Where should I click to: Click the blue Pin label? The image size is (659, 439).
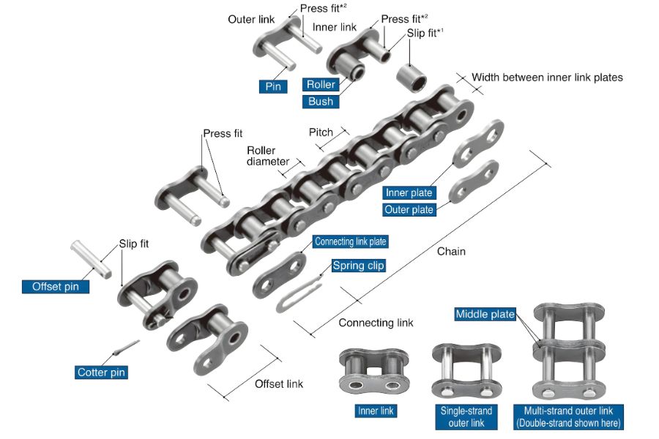[x=273, y=86]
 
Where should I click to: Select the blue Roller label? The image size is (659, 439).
[x=321, y=84]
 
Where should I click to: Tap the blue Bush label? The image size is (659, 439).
[x=321, y=102]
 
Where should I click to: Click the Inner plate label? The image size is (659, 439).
[x=409, y=193]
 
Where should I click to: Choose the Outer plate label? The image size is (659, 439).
[x=409, y=210]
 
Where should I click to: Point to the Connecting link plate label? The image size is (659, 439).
[x=351, y=241]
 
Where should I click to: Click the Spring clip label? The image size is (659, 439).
[x=359, y=266]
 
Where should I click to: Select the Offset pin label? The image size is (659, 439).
[x=56, y=287]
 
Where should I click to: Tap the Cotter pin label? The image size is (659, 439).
[x=101, y=372]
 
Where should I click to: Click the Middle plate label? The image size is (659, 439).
[x=485, y=314]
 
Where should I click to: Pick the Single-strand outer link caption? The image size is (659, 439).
[x=466, y=417]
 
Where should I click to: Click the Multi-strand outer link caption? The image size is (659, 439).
[x=568, y=417]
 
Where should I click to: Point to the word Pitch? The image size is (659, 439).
[x=321, y=132]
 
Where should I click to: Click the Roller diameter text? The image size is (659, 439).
[x=268, y=156]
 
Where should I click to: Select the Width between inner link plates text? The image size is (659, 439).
[x=547, y=78]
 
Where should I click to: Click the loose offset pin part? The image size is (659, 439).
[x=92, y=259]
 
